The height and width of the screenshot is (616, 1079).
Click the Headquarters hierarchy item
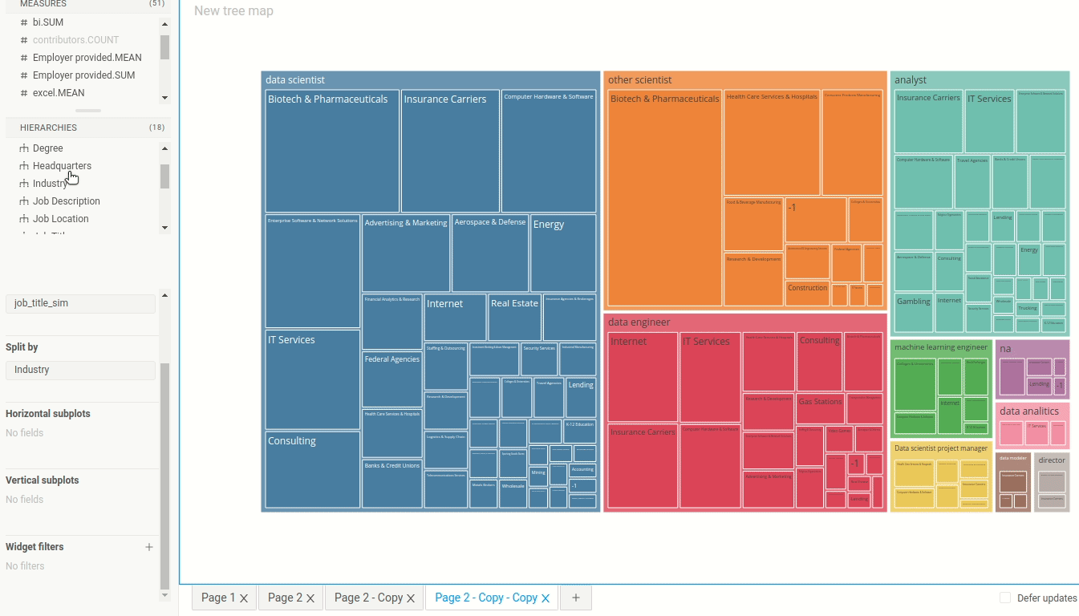coord(62,166)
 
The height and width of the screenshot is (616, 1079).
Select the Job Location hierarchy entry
coord(60,219)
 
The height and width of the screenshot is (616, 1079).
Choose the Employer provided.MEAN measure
coord(87,58)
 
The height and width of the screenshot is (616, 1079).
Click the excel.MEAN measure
coord(58,93)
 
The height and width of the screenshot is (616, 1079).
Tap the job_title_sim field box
coord(80,304)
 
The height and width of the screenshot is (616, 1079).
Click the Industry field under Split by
coord(80,370)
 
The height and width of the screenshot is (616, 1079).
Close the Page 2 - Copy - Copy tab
coord(546,598)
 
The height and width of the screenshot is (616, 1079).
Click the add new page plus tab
coord(575,598)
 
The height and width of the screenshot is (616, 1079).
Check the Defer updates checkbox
coord(1005,598)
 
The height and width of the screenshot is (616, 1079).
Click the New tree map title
coord(233,11)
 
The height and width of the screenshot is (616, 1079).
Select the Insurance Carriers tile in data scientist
coord(450,151)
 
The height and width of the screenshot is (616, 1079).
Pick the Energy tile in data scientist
coord(562,253)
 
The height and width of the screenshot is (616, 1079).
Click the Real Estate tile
coord(514,317)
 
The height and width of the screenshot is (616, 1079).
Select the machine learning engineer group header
coord(940,347)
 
